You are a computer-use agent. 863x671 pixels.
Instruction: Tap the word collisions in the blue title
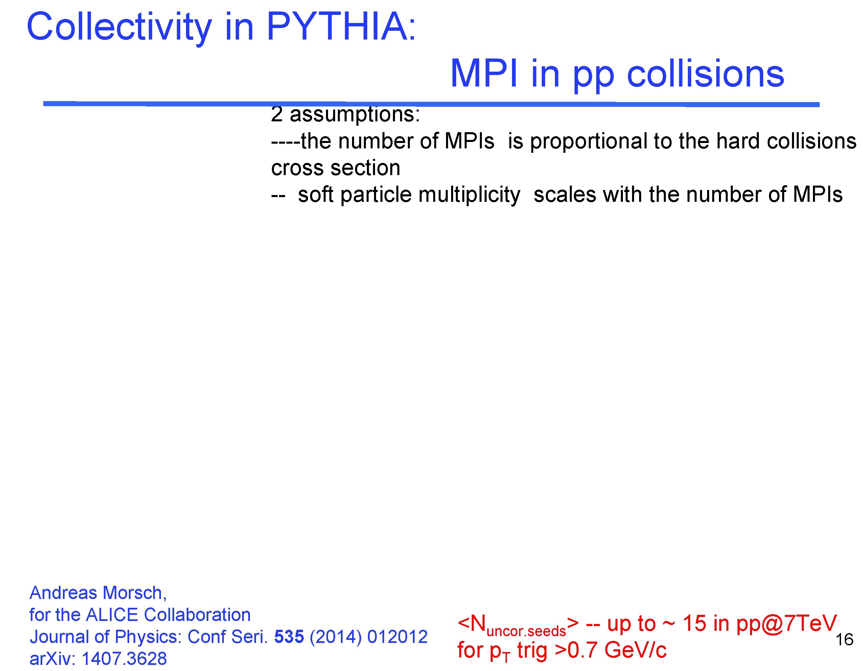(x=705, y=74)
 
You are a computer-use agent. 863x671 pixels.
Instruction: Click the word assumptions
(x=354, y=115)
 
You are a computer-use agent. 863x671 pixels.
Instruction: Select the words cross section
(x=335, y=168)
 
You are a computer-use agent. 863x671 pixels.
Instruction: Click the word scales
(x=565, y=195)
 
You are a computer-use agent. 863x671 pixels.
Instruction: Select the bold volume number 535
(x=289, y=637)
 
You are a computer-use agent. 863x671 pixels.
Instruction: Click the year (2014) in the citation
(x=335, y=637)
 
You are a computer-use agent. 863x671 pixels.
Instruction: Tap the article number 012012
(x=397, y=637)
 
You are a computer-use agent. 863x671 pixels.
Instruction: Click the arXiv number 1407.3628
(x=124, y=659)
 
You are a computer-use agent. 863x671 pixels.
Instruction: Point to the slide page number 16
(x=845, y=640)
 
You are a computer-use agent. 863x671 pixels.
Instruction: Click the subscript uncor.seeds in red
(x=526, y=631)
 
